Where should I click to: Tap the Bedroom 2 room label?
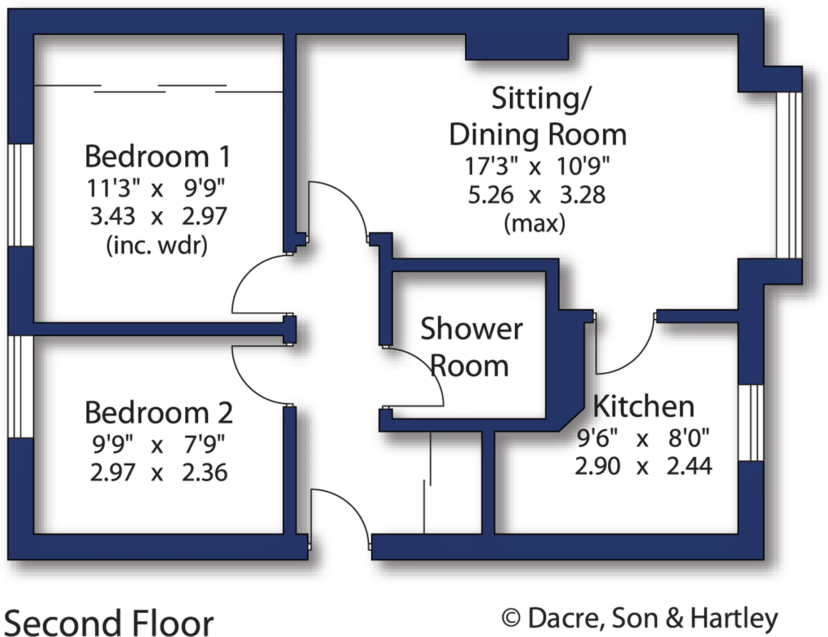[158, 413]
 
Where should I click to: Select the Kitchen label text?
[643, 406]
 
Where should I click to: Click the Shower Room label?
[471, 347]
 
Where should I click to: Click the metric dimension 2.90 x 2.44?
[643, 466]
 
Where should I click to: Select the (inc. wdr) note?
[156, 245]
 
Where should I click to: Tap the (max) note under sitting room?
[534, 223]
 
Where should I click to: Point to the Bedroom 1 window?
[21, 195]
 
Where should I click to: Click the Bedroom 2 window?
[21, 387]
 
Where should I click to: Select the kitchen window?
[751, 423]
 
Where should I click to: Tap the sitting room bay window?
[790, 175]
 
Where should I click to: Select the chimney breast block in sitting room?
[517, 47]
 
